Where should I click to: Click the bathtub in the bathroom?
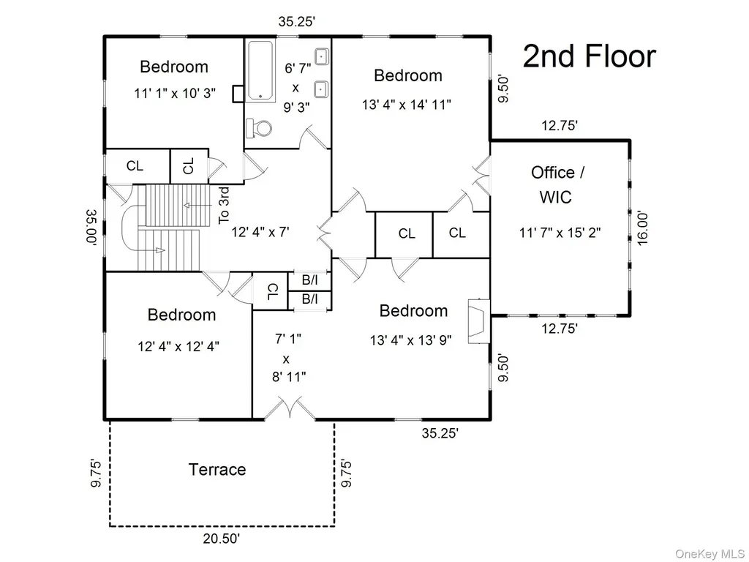click(x=260, y=71)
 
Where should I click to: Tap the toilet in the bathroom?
click(x=259, y=127)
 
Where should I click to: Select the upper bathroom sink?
click(x=321, y=56)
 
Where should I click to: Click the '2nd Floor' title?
click(x=590, y=56)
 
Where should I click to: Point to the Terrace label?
click(x=217, y=469)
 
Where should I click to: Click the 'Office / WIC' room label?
click(x=557, y=184)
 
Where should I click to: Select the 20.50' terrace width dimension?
click(x=221, y=539)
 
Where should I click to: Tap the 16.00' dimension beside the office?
click(x=643, y=228)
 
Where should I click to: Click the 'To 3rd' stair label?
click(x=224, y=206)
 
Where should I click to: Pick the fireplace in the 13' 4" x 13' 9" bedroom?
click(x=478, y=321)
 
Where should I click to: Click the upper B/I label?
click(x=309, y=280)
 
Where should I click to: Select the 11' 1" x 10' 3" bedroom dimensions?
click(x=175, y=93)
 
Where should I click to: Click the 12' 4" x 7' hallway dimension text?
click(x=260, y=232)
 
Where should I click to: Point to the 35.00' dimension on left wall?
click(x=91, y=227)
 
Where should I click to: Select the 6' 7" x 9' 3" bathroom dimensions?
click(x=297, y=88)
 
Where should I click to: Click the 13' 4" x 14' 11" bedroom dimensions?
click(x=407, y=105)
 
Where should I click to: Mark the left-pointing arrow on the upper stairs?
click(x=197, y=206)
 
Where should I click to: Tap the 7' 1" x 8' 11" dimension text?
click(x=288, y=358)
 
